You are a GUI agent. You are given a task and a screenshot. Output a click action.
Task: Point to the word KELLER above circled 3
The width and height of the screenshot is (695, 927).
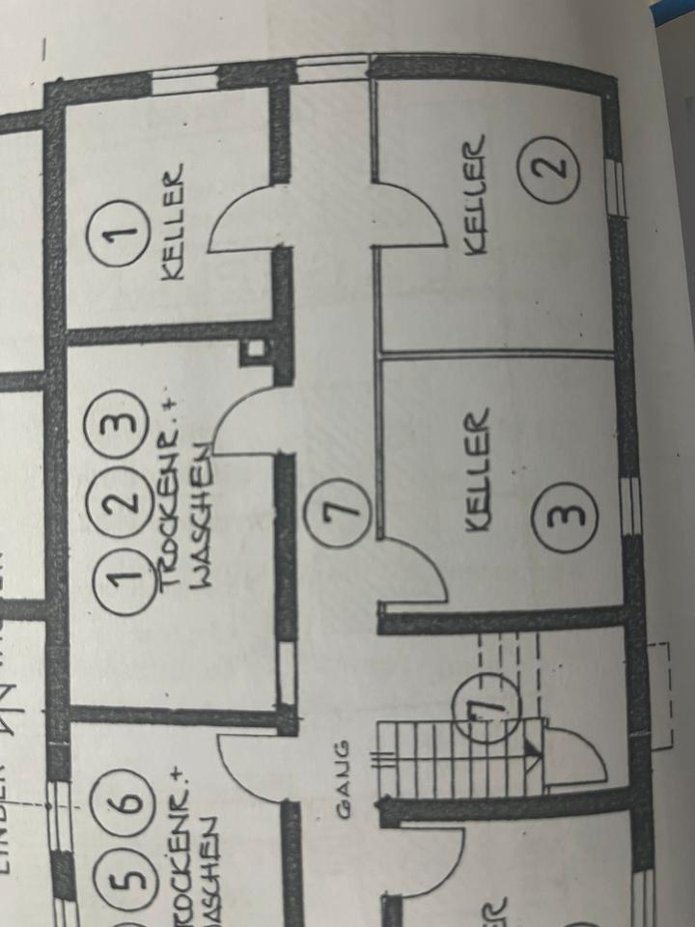[477, 470]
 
